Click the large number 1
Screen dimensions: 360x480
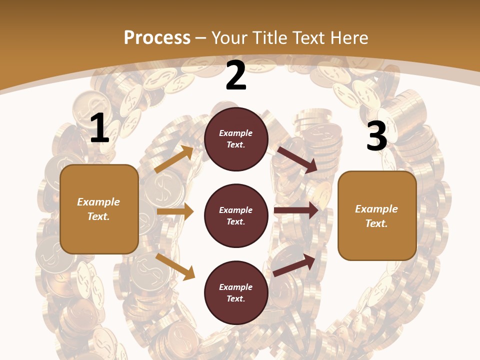pyautogui.click(x=99, y=128)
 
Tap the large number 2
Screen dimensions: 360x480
pyautogui.click(x=236, y=76)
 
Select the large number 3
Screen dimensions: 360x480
pyautogui.click(x=376, y=136)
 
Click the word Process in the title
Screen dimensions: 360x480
pyautogui.click(x=157, y=37)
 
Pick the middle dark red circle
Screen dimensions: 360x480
pyautogui.click(x=236, y=215)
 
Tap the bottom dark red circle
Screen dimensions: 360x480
pyautogui.click(x=236, y=292)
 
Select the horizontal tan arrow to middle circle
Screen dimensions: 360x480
pyautogui.click(x=175, y=211)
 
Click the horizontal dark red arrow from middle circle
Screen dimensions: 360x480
pyautogui.click(x=296, y=210)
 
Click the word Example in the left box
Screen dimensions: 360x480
pyautogui.click(x=98, y=202)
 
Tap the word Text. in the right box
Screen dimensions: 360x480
pyautogui.click(x=376, y=223)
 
